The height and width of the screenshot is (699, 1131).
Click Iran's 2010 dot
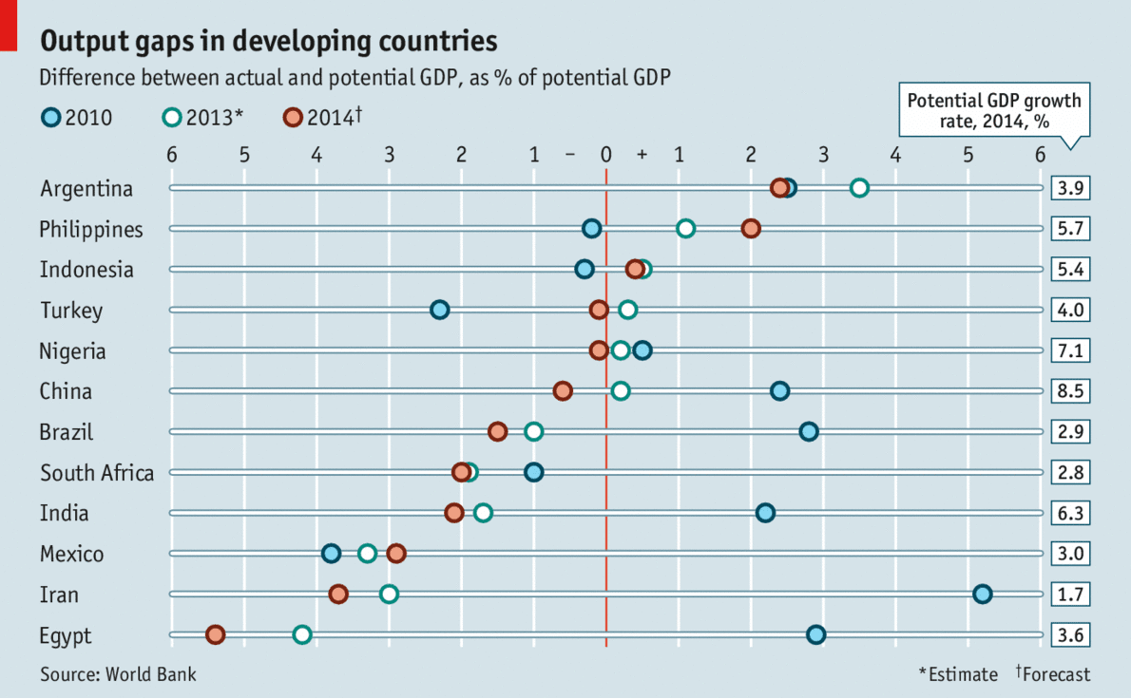click(x=983, y=595)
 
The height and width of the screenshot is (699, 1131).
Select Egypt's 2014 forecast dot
click(x=215, y=634)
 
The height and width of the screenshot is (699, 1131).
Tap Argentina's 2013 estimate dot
click(x=859, y=188)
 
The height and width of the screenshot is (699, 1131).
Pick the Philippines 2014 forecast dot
click(x=751, y=229)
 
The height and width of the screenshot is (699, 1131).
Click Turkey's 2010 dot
click(x=439, y=310)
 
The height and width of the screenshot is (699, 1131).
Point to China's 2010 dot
click(x=779, y=391)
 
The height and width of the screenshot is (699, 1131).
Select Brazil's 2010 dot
click(x=809, y=432)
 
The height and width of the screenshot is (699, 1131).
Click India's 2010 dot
click(x=765, y=513)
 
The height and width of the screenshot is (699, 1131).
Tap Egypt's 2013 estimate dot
click(x=302, y=634)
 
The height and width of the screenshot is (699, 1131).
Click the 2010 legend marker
click(x=51, y=118)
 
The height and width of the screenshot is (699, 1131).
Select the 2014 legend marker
click(x=293, y=118)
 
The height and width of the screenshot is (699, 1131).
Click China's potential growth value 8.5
click(x=1070, y=391)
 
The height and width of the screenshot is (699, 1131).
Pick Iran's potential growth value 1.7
click(x=1070, y=595)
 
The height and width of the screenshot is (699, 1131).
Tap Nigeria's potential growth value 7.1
click(x=1070, y=350)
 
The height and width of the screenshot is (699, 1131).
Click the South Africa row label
click(x=96, y=473)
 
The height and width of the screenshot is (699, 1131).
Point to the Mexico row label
click(x=71, y=554)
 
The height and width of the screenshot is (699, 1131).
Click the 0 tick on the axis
click(x=606, y=155)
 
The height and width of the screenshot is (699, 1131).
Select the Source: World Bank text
click(x=118, y=674)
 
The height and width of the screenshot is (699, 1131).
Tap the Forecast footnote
click(x=1053, y=674)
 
